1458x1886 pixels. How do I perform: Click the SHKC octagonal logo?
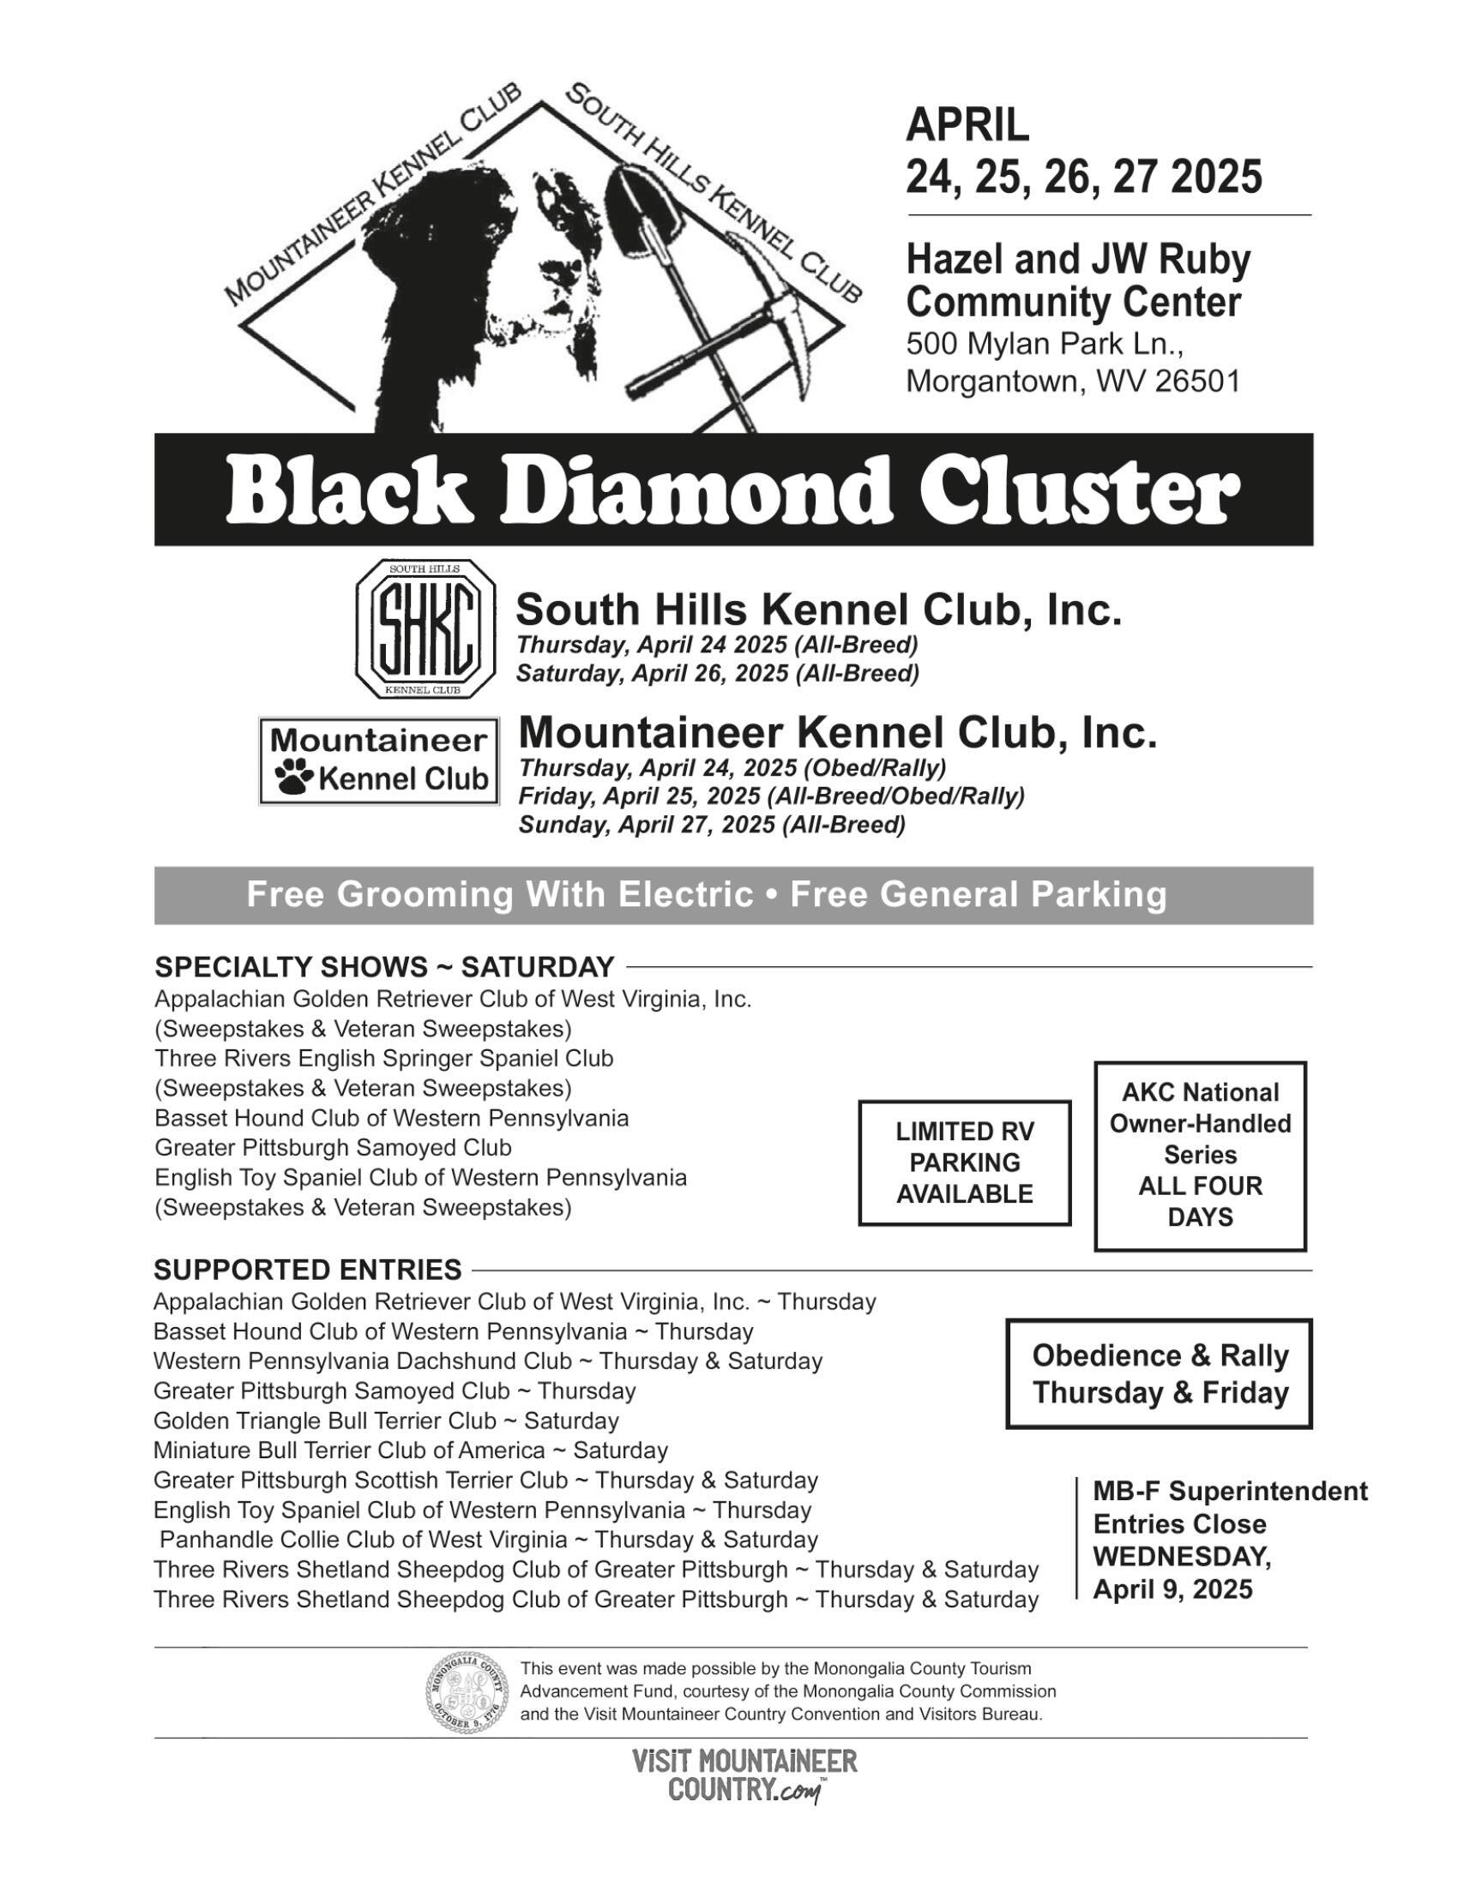click(x=426, y=628)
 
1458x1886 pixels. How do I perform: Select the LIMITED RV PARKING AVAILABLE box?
click(x=964, y=1162)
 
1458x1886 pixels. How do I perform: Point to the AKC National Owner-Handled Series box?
click(x=1200, y=1156)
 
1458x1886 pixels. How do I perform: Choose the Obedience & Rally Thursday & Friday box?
click(x=1160, y=1374)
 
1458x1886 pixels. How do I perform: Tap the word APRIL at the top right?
click(x=967, y=125)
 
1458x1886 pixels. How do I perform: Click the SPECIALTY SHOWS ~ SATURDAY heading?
click(x=384, y=966)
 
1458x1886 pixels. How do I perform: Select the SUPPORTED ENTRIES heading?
click(x=308, y=1270)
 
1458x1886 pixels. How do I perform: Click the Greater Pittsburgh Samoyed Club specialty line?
click(x=333, y=1148)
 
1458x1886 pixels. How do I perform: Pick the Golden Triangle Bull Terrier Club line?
click(x=386, y=1421)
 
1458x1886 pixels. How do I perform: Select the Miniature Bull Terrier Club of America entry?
click(x=410, y=1450)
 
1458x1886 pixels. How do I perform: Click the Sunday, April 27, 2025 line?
click(x=712, y=826)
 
